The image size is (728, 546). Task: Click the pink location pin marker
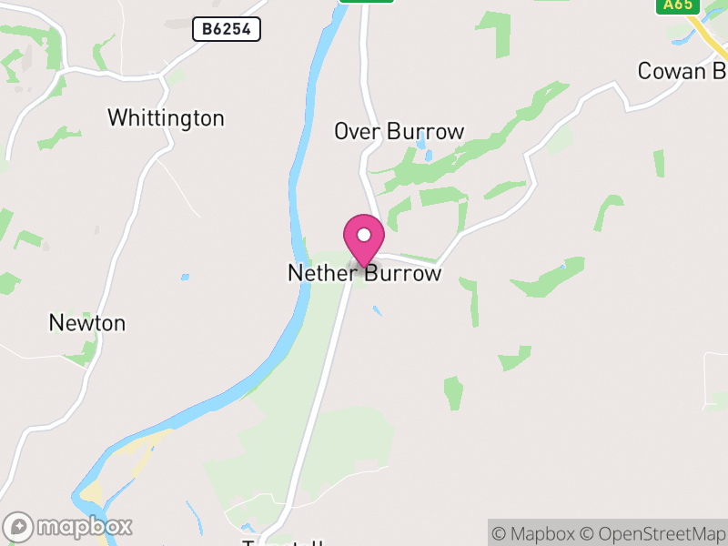tap(364, 240)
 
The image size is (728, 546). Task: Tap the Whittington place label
tap(166, 118)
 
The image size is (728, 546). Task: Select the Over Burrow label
tap(399, 131)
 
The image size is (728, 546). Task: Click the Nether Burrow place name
tap(364, 273)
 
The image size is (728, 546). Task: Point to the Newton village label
tap(87, 323)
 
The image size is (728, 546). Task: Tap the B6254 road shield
tap(227, 30)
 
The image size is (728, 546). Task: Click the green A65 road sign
tap(678, 5)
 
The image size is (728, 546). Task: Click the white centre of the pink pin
tap(364, 235)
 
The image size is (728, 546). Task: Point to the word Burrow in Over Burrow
tap(425, 131)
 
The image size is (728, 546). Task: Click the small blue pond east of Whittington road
tap(185, 277)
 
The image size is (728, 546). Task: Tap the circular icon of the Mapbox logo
tap(19, 526)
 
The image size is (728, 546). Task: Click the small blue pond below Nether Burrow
tap(377, 311)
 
